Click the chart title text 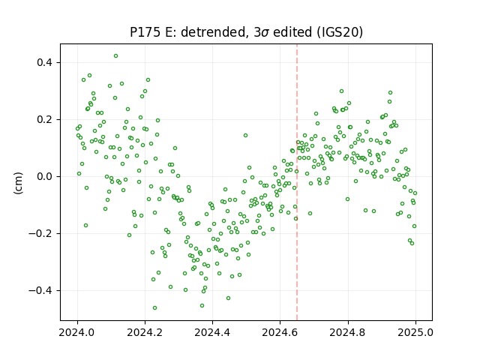[246, 32]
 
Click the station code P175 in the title [145, 32]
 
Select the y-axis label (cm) [18, 183]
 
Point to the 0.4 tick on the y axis [45, 63]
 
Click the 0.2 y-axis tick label [45, 120]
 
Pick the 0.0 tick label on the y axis [45, 177]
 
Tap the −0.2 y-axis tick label [40, 233]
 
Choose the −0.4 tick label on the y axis [40, 290]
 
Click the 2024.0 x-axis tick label [77, 332]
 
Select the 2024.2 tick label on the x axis [145, 332]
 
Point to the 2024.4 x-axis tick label [212, 332]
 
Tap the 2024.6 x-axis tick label [280, 332]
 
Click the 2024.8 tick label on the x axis [348, 332]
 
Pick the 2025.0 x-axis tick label [415, 332]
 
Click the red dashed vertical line [297, 182]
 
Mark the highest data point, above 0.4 [115, 56]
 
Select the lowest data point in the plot [155, 308]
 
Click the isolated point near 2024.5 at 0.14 [245, 135]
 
